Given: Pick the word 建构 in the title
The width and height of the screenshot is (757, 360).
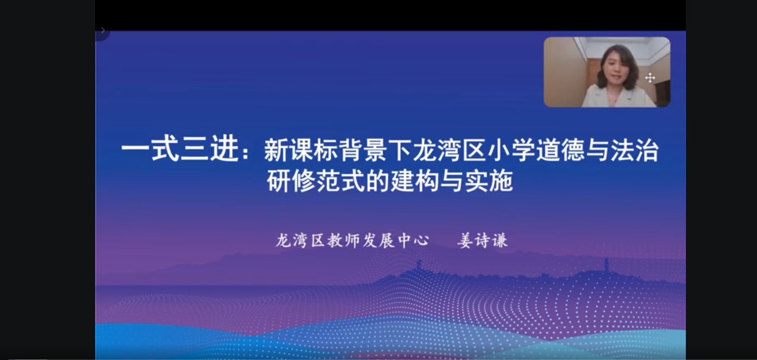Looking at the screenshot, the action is click(x=414, y=180).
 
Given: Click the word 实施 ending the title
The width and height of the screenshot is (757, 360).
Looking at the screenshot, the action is click(x=489, y=180).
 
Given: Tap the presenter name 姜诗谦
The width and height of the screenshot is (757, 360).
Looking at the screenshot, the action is click(x=483, y=240).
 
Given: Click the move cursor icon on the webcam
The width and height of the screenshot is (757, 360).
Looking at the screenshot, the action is click(x=650, y=77).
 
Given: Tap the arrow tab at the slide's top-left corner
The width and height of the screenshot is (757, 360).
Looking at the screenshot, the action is click(x=103, y=31).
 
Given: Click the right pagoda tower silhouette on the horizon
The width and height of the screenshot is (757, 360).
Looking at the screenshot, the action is click(x=606, y=264).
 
